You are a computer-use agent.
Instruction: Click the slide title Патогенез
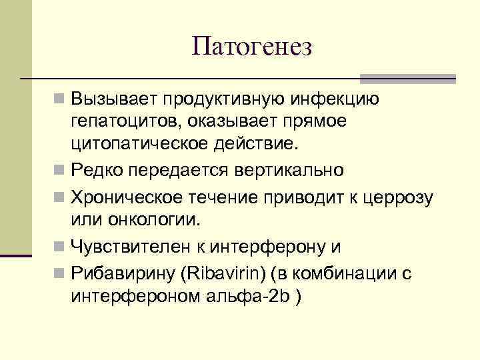[251, 47]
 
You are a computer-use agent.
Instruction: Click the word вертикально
[289, 170]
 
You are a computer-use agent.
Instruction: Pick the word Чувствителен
[131, 247]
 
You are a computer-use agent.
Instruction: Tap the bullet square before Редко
[60, 171]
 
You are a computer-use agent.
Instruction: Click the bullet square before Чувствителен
[60, 248]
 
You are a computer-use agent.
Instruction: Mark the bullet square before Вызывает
[60, 100]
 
